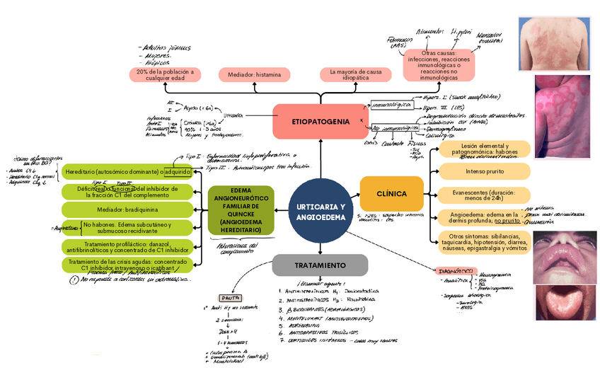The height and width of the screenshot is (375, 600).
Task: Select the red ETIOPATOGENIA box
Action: (x=320, y=122)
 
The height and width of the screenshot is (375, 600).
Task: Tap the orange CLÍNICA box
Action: (x=391, y=193)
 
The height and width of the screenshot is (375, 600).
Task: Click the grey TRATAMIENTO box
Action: (x=321, y=265)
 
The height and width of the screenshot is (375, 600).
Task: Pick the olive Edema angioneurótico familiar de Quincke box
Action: (x=241, y=210)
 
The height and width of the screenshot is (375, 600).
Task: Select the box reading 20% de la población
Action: (x=165, y=75)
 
